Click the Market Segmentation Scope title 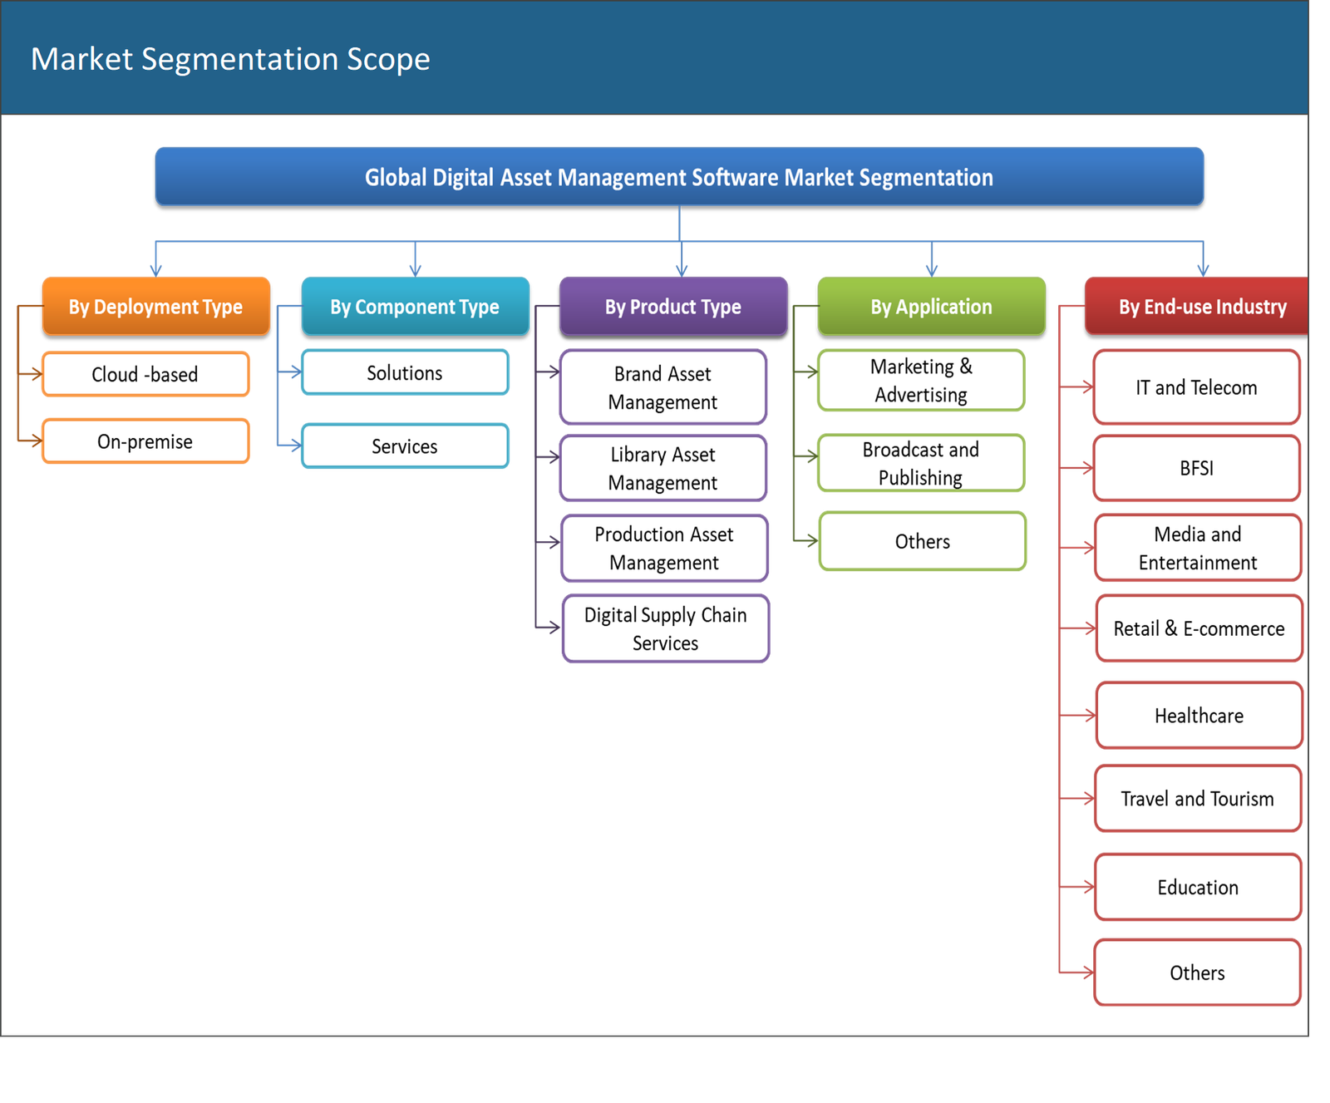230,59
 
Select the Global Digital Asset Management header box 678,177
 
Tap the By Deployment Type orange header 155,307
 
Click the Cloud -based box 145,374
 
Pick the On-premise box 145,441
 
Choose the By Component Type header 415,307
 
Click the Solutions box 405,373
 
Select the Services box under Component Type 405,446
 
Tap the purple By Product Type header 672,307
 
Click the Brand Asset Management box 663,387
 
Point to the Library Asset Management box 663,468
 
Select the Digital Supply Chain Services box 665,628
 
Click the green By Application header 931,307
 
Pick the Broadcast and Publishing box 920,463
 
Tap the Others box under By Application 922,542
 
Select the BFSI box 1196,468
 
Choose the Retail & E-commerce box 1199,628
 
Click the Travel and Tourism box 1197,799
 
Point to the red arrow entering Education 1081,888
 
